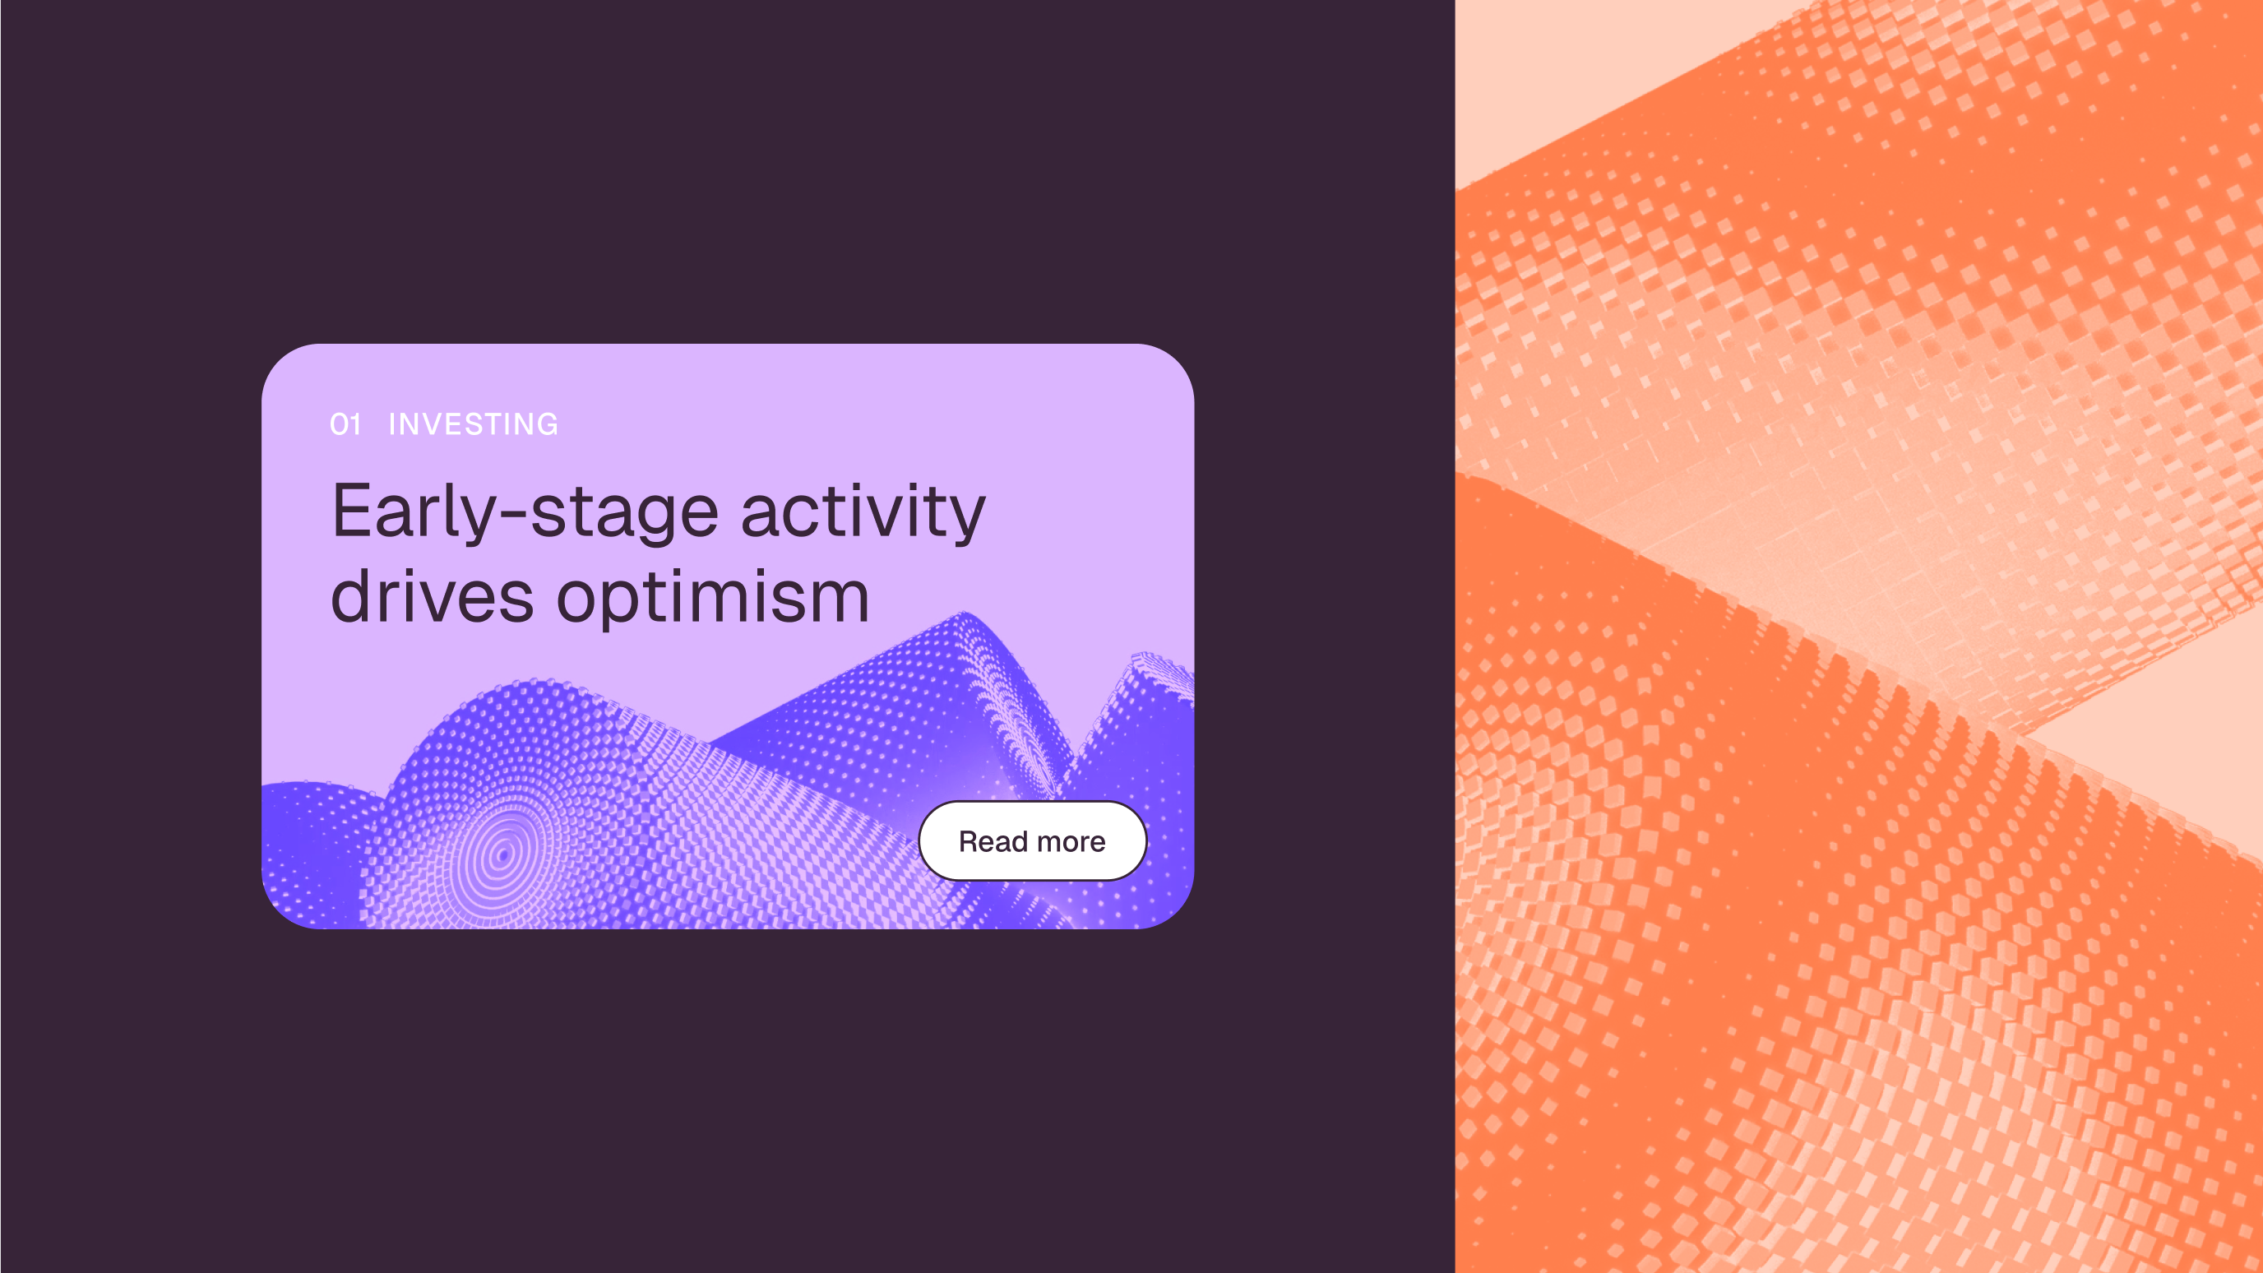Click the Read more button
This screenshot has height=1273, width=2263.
tap(1032, 840)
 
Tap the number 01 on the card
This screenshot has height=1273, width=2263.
tap(345, 424)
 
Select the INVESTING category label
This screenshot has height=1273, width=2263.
tap(474, 424)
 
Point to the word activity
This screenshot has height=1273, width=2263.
tap(863, 512)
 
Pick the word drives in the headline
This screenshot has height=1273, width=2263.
tap(433, 595)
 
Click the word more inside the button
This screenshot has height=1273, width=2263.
tap(1071, 841)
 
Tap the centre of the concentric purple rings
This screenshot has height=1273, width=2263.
tap(503, 852)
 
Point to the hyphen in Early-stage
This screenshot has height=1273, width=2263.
tap(514, 517)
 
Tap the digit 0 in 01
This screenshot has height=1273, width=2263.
tap(338, 424)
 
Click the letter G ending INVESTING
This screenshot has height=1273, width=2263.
tap(546, 424)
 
